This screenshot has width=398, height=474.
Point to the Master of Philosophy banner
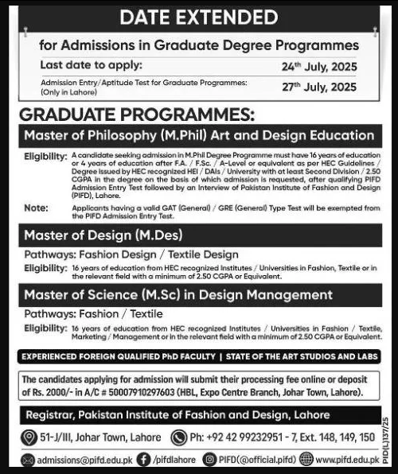coord(199,135)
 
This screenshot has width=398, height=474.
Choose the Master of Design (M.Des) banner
coord(103,235)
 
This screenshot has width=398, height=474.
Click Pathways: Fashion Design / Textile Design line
coord(131,254)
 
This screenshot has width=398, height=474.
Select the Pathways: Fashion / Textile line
coord(93,313)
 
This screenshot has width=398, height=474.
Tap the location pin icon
coord(29,437)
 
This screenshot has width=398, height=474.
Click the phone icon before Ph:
coord(177,437)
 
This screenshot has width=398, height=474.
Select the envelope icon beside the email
coord(29,459)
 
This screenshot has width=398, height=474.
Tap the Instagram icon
coord(209,459)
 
